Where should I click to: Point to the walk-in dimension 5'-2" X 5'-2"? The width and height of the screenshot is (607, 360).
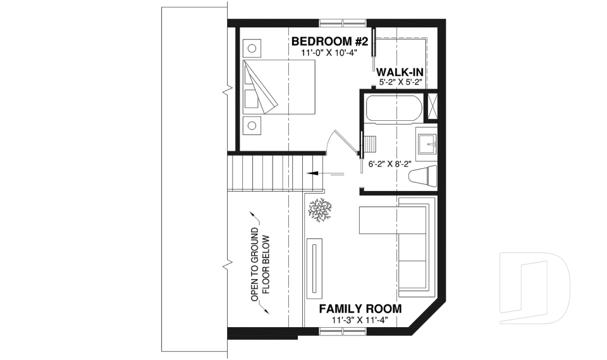pos(400,82)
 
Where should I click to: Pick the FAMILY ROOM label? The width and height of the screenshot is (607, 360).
pos(360,309)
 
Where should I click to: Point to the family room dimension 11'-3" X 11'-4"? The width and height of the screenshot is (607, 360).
pos(360,320)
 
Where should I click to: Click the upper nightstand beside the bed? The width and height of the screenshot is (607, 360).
pos(252,48)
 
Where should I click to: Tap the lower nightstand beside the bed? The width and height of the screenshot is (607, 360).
pos(252,125)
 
